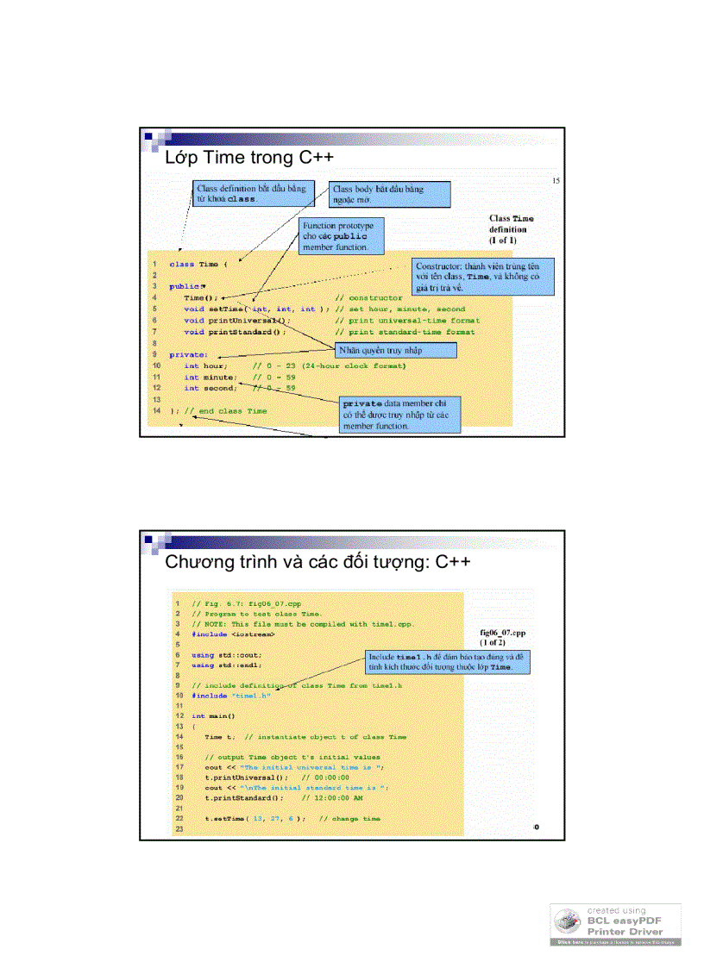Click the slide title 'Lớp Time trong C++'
click(x=248, y=158)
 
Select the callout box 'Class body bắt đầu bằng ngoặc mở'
click(x=389, y=195)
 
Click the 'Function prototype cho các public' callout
click(x=341, y=236)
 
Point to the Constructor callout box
click(x=482, y=277)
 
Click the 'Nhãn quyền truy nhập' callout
click(x=394, y=350)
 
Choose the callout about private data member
click(x=399, y=414)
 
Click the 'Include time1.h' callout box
click(x=447, y=662)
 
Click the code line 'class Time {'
click(x=198, y=264)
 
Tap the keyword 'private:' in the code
click(x=188, y=354)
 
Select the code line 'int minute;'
click(x=210, y=377)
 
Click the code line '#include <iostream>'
click(x=233, y=634)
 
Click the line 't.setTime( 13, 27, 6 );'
click(x=255, y=818)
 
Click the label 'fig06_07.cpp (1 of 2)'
click(x=502, y=637)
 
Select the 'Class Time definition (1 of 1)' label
click(x=511, y=229)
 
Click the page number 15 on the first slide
click(x=556, y=180)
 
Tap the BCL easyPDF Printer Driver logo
click(x=615, y=924)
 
